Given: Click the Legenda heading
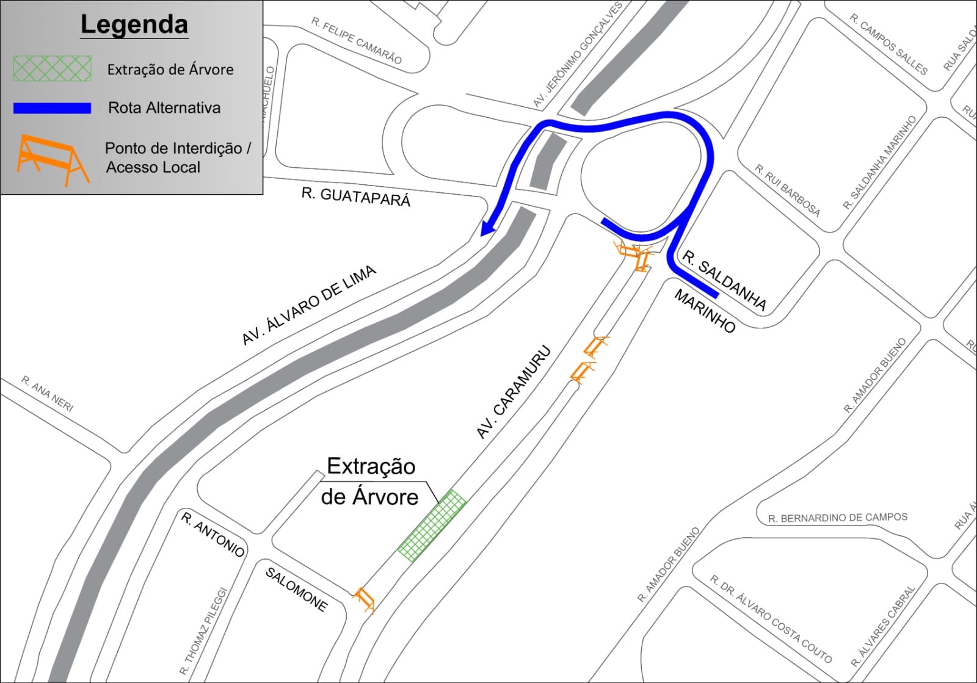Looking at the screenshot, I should tap(134, 25).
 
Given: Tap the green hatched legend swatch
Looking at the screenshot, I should tap(52, 68).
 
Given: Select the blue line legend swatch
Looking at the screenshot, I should tap(52, 108).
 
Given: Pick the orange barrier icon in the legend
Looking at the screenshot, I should tap(53, 159).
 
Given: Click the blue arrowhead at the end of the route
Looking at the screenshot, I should tap(488, 228).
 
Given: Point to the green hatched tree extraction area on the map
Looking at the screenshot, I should tap(432, 526).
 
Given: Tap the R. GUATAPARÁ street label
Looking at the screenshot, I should tap(356, 197).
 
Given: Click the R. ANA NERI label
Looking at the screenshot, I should tap(48, 394).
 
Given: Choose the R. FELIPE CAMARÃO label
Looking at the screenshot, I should tap(357, 40).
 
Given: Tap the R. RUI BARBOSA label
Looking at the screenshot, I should tap(787, 190).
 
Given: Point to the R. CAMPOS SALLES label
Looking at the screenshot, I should tap(888, 44).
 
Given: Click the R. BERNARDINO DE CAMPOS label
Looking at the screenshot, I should tap(838, 518).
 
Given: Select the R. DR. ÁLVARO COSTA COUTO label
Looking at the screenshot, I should tap(771, 618).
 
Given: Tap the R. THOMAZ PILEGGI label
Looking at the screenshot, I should tap(204, 631).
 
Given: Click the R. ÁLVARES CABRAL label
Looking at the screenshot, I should tap(884, 626).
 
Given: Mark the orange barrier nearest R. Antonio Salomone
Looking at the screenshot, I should tap(365, 599).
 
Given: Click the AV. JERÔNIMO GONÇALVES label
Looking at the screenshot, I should tap(577, 55).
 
